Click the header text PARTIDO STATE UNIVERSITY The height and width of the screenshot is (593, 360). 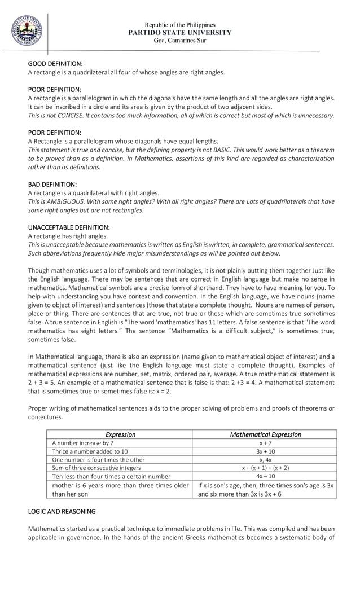point(180,33)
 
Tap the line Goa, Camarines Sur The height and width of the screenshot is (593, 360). point(180,41)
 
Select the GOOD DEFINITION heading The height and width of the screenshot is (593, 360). point(55,64)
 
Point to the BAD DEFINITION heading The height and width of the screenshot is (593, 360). point(52,184)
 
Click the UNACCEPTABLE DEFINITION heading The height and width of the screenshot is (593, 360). point(69,227)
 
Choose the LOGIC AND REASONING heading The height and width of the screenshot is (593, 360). point(62,511)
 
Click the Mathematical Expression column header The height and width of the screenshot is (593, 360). point(265,434)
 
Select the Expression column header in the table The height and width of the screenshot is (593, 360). point(120,434)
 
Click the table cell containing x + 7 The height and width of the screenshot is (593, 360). point(265,443)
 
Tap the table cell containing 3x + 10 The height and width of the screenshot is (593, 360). point(265,451)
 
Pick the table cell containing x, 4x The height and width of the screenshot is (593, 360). point(265,459)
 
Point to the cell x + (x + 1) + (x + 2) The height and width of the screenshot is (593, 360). point(265,468)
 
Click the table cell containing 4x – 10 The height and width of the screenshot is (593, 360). point(265,476)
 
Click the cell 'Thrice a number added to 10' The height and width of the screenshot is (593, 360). point(90,451)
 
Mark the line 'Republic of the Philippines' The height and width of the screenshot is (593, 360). point(180,25)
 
